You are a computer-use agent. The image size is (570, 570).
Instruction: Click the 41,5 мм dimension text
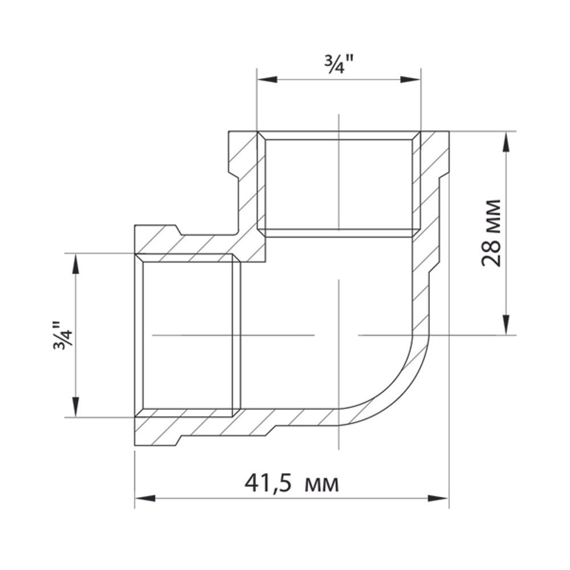[291, 483]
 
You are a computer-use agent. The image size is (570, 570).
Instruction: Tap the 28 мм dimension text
[491, 233]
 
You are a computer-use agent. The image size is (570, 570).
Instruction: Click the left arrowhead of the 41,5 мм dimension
[145, 498]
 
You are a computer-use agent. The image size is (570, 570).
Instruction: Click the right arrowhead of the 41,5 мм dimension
[438, 498]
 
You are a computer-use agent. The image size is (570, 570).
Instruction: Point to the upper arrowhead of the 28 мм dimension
[506, 141]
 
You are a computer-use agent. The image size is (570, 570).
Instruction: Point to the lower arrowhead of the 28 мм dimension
[506, 325]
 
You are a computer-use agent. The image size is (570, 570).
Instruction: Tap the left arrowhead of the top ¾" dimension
[267, 80]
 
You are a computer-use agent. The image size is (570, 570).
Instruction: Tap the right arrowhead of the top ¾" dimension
[410, 80]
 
